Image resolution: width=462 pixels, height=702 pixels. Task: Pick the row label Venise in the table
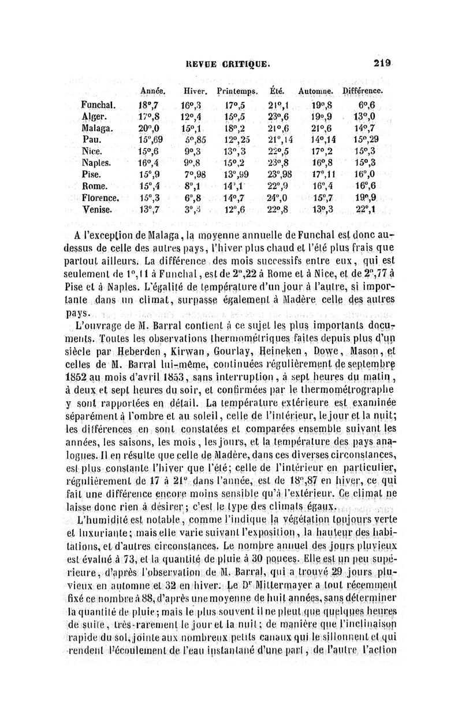click(x=98, y=209)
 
